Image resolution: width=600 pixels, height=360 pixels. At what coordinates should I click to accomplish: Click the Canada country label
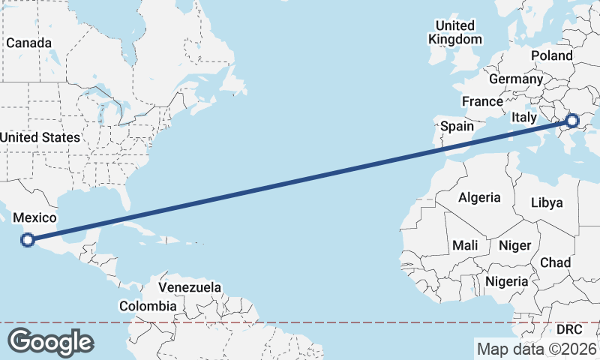(x=29, y=43)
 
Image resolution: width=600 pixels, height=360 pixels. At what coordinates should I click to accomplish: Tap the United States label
(x=40, y=137)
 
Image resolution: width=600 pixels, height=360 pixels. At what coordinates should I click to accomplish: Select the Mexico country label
(x=35, y=217)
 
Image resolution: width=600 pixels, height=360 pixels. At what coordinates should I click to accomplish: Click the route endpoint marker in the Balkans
(x=572, y=120)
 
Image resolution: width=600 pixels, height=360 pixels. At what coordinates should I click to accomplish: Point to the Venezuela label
(x=190, y=287)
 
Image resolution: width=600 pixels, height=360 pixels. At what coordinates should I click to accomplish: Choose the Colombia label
(x=148, y=306)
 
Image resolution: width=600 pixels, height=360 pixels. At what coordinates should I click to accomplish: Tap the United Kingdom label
(x=454, y=32)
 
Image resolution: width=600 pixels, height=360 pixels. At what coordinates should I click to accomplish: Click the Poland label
(x=551, y=55)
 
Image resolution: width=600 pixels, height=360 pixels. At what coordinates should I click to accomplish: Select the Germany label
(x=515, y=79)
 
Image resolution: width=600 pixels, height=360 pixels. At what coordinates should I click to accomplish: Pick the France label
(x=482, y=101)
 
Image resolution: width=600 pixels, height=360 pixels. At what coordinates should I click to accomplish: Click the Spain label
(x=457, y=126)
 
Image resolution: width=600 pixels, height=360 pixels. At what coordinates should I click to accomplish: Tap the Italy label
(x=524, y=118)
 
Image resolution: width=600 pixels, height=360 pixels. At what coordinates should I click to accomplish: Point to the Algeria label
(x=479, y=197)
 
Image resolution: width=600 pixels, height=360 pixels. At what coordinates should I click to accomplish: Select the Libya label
(x=546, y=202)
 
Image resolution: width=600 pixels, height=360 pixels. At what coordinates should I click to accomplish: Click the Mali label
(x=465, y=245)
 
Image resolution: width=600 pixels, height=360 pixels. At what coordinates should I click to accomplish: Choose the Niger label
(x=514, y=245)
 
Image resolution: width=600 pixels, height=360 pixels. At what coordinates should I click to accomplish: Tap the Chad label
(x=556, y=262)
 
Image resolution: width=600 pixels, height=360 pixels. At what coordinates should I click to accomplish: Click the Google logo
(x=50, y=342)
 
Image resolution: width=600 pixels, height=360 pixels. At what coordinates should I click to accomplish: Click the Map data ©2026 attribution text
(x=536, y=349)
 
